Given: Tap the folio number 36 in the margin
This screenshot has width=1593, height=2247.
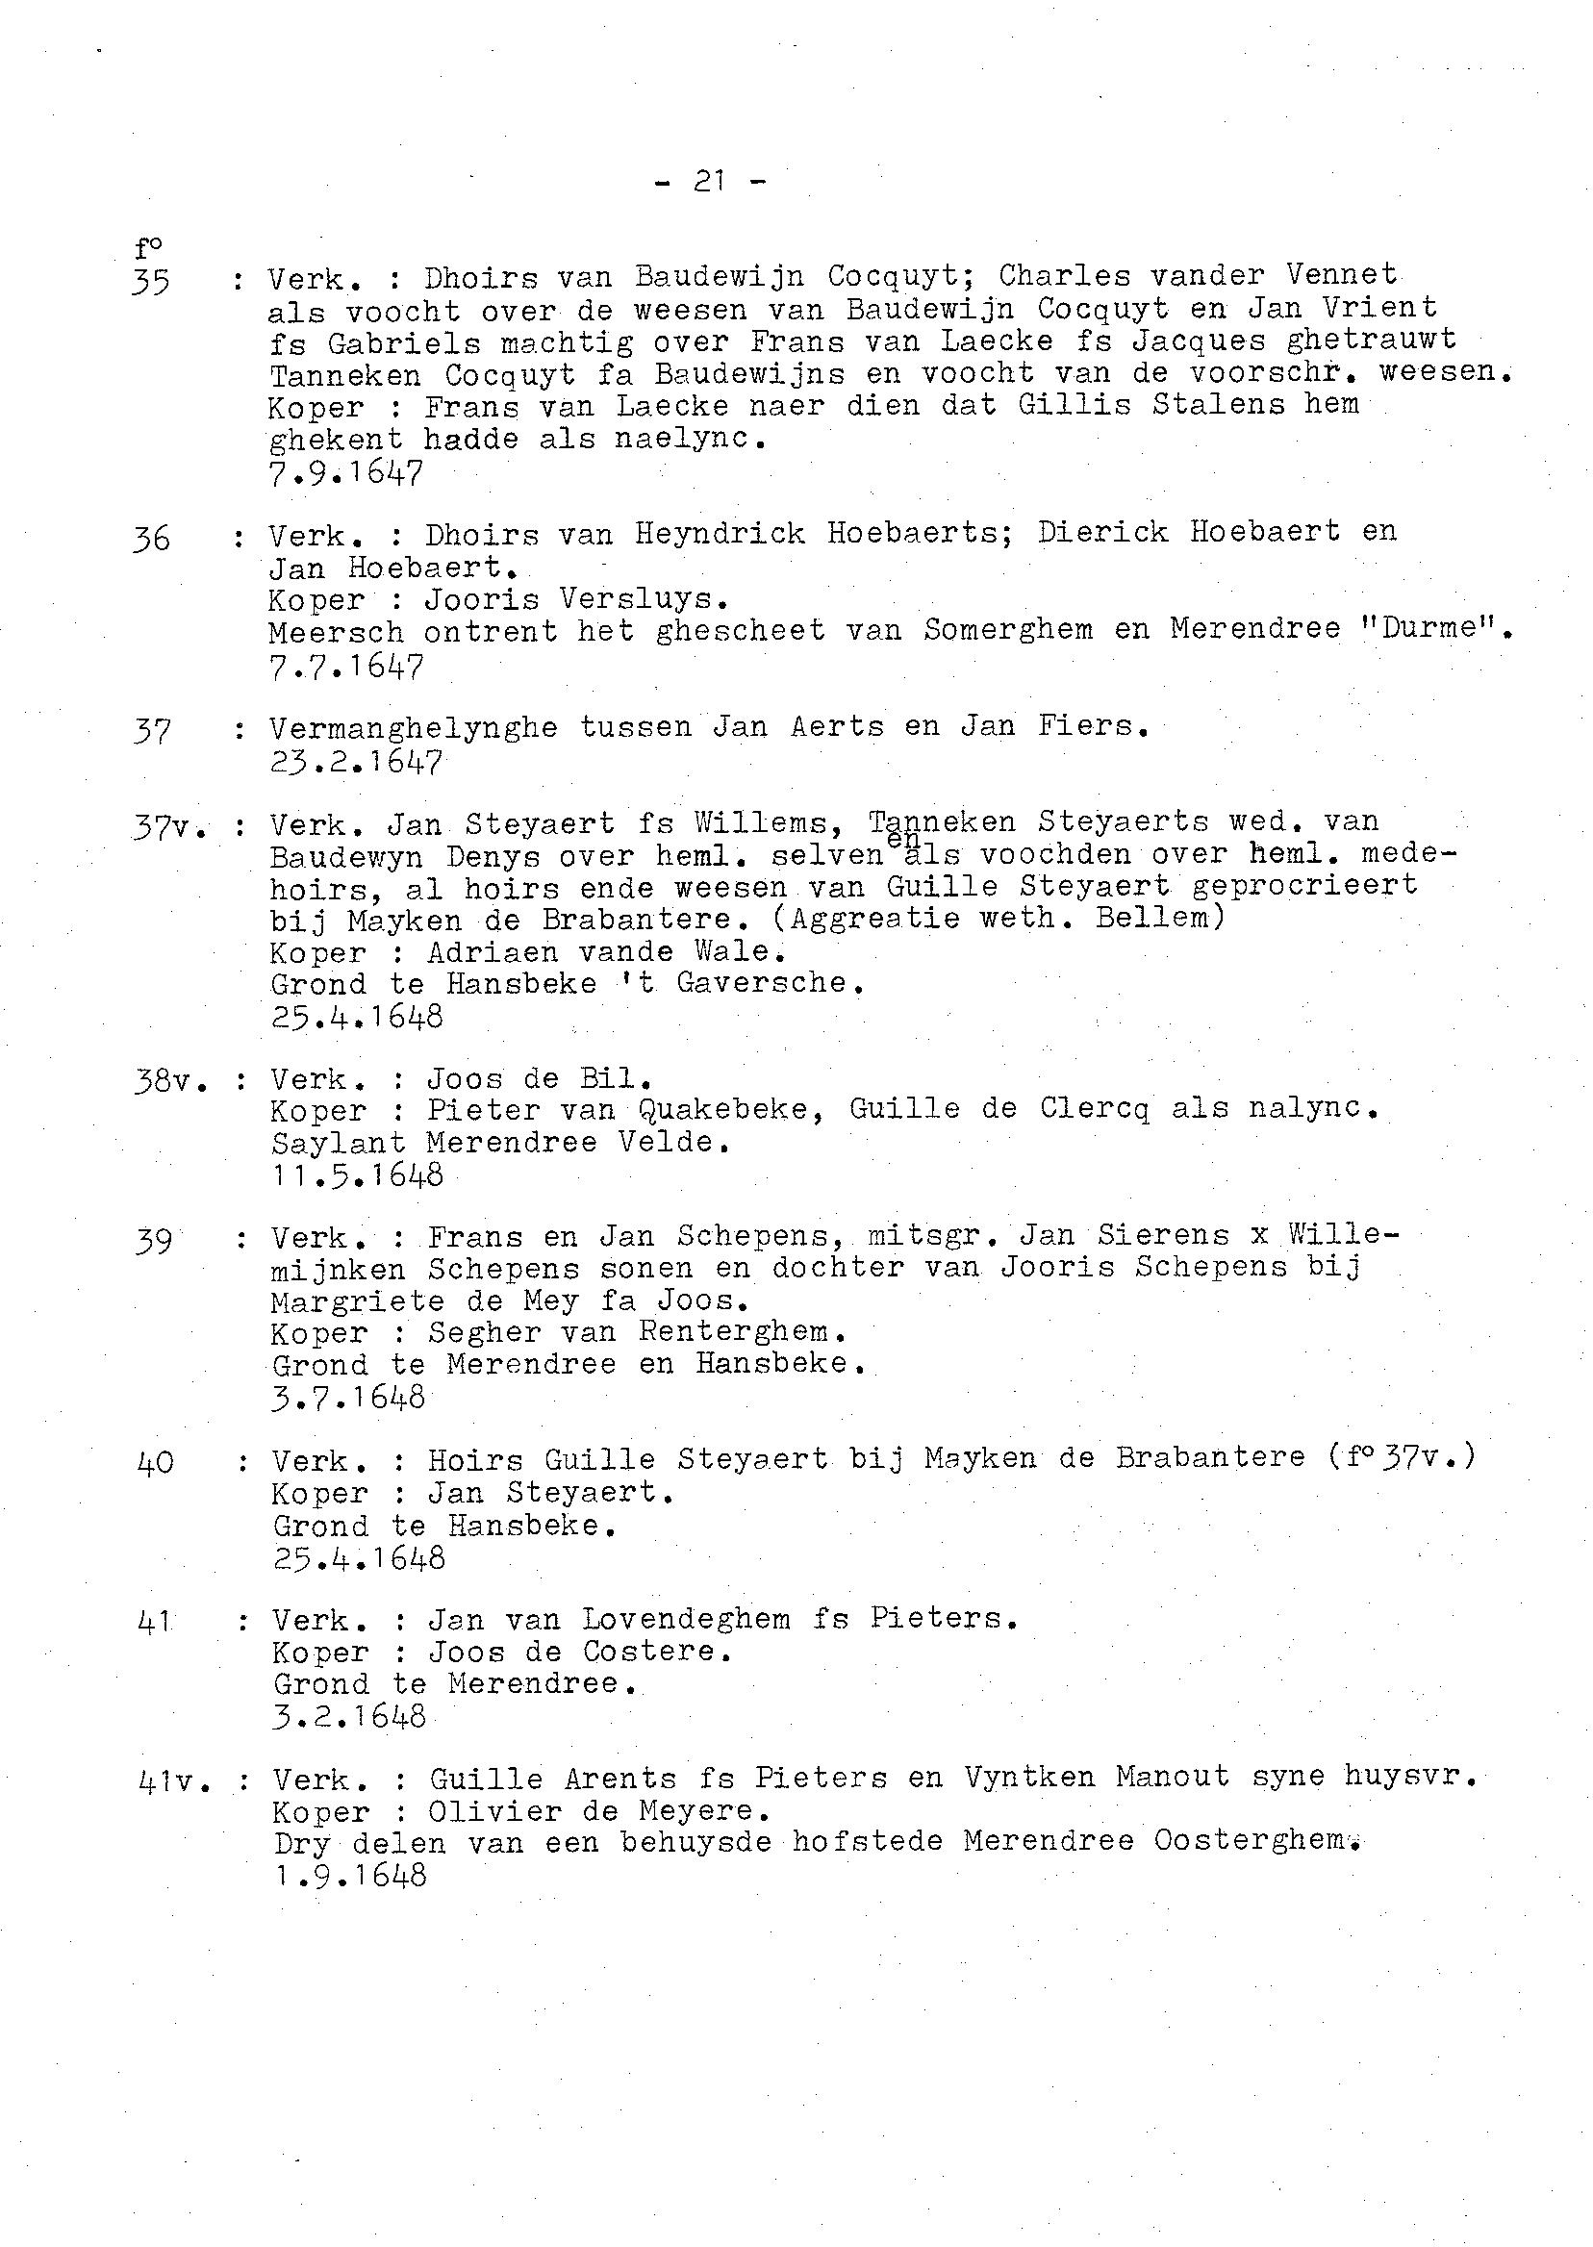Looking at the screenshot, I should (151, 539).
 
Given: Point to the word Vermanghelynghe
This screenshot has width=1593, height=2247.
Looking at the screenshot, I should (413, 729).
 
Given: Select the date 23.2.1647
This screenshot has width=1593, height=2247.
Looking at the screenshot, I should (355, 762).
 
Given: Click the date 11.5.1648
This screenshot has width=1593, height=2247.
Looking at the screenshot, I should (357, 1174).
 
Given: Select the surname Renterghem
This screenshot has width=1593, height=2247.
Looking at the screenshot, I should (742, 1332).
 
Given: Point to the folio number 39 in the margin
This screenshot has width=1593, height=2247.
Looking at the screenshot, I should (154, 1241).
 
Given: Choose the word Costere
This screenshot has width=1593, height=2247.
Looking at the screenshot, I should (655, 1652).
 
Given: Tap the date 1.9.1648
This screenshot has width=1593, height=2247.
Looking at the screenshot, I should (349, 1876).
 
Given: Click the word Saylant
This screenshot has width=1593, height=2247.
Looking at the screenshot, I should (338, 1143).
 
